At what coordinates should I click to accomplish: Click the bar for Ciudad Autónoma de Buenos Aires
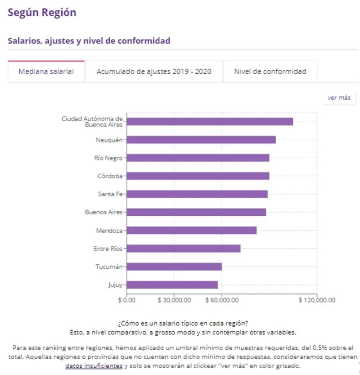(210, 121)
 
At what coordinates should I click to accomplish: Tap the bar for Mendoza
(192, 230)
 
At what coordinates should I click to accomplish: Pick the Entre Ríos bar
(184, 249)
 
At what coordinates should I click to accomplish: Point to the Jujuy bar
(172, 285)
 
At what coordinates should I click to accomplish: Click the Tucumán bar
(174, 267)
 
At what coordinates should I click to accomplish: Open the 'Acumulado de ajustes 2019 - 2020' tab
(153, 71)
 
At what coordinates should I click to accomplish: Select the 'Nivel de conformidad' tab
(270, 71)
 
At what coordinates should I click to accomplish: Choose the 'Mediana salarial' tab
(46, 71)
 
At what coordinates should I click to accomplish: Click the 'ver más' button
(339, 98)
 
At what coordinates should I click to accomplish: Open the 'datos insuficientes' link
(94, 366)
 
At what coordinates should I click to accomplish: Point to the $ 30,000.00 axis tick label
(174, 300)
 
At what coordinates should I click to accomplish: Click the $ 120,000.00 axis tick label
(317, 300)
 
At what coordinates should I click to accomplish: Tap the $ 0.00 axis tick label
(127, 300)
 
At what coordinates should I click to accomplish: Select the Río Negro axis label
(108, 158)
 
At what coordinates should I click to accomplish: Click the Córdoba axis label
(110, 176)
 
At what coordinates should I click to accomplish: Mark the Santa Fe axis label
(110, 194)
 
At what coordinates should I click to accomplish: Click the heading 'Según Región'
(42, 13)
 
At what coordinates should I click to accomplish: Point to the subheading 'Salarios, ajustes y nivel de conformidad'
(89, 41)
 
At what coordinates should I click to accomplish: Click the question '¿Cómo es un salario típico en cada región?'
(183, 323)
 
